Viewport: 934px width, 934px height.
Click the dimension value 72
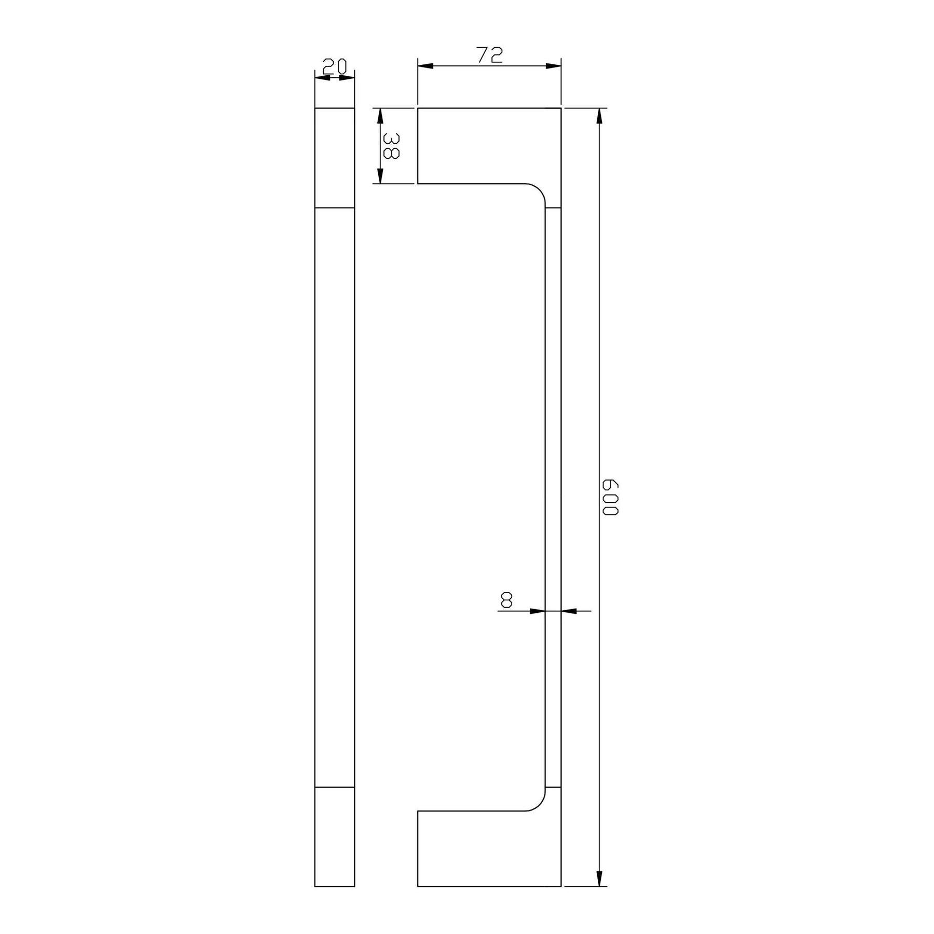(x=490, y=55)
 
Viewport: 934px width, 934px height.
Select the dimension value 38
(x=391, y=146)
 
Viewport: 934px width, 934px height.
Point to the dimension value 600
(x=610, y=497)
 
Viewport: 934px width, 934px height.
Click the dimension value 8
(x=506, y=600)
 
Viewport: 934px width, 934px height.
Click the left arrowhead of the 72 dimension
(x=425, y=66)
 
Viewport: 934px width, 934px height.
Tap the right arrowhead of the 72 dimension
(x=553, y=66)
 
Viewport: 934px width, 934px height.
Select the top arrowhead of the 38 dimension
(x=380, y=116)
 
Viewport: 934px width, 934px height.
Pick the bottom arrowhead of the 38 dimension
(x=380, y=175)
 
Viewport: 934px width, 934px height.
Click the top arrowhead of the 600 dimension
(x=599, y=116)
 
